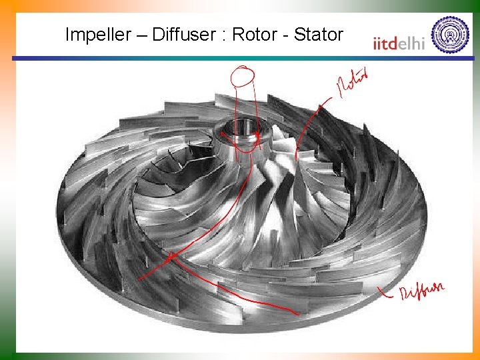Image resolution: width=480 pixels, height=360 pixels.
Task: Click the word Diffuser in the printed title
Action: tap(180, 35)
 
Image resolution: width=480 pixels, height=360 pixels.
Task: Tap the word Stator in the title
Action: tap(319, 35)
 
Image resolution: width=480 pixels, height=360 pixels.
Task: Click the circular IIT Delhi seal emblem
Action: tap(450, 34)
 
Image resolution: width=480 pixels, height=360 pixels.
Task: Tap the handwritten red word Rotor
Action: tap(352, 84)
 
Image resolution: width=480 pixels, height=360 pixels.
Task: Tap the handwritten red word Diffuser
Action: tap(421, 291)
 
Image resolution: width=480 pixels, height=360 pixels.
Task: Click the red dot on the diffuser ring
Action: tap(170, 256)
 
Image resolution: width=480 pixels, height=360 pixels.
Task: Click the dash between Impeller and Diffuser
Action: tap(141, 35)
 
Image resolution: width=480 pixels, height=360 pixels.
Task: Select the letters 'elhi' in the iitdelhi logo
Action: tap(414, 43)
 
